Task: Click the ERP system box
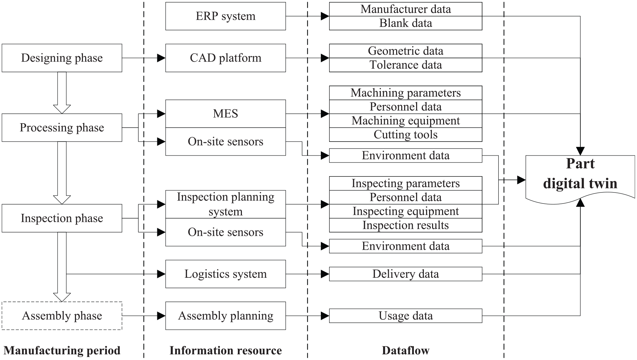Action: pos(226,16)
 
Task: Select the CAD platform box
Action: pos(226,58)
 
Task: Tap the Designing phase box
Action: pos(62,58)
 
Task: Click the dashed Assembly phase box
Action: pos(62,316)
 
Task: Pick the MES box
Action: pos(226,114)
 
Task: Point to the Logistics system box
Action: pos(226,274)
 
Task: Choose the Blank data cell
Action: pos(406,23)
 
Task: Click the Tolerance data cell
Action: pos(406,65)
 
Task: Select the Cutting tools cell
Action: pos(406,135)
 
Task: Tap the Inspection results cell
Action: pos(406,225)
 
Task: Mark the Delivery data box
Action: pos(406,274)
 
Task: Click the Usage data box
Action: pos(406,316)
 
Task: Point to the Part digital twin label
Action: pos(580,174)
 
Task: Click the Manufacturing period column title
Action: pos(62,350)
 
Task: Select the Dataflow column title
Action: pos(406,350)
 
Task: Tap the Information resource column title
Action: pos(226,350)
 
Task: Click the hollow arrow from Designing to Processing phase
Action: pos(62,93)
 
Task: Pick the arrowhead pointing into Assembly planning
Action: pos(161,316)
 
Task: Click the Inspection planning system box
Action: pos(226,204)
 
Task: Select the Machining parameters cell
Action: pos(406,93)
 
